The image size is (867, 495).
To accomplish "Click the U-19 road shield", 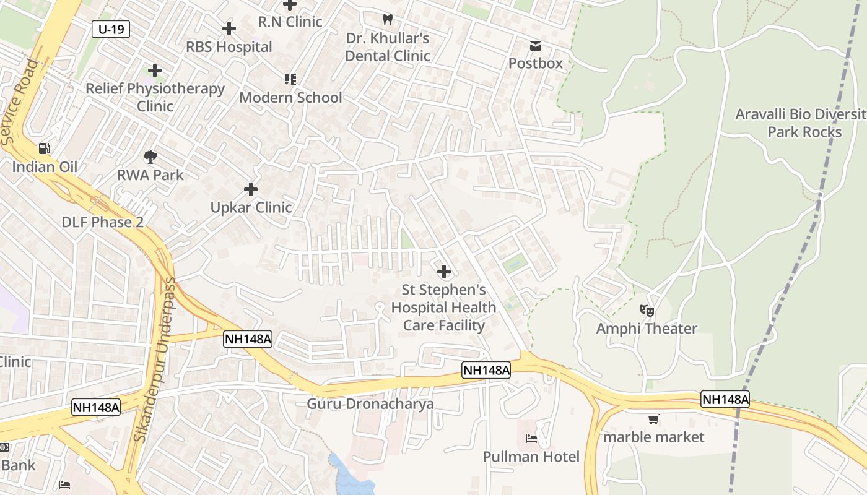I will (x=111, y=28).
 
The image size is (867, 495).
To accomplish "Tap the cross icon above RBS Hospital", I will (x=229, y=28).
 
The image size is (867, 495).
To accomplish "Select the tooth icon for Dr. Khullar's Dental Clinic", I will (x=388, y=20).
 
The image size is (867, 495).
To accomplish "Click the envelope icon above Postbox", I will (x=535, y=46).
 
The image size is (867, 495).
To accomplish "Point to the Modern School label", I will (x=290, y=98).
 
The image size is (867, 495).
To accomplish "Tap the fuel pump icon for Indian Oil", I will (x=45, y=148).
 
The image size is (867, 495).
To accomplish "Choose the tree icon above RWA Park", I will (x=150, y=157).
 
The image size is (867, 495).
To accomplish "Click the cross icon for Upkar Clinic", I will (x=251, y=189).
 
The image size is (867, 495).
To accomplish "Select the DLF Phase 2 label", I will (x=103, y=222).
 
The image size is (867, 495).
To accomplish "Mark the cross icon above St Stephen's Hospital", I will (x=443, y=272).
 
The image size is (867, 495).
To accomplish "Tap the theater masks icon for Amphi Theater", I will (x=647, y=311).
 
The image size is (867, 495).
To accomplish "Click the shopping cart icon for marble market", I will (x=653, y=420).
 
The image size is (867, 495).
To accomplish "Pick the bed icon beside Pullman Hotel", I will (x=531, y=439).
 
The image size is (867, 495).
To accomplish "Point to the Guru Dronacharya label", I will (x=370, y=404).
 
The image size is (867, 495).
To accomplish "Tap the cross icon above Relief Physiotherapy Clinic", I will (x=155, y=71).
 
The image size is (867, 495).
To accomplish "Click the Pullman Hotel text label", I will (x=531, y=457).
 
